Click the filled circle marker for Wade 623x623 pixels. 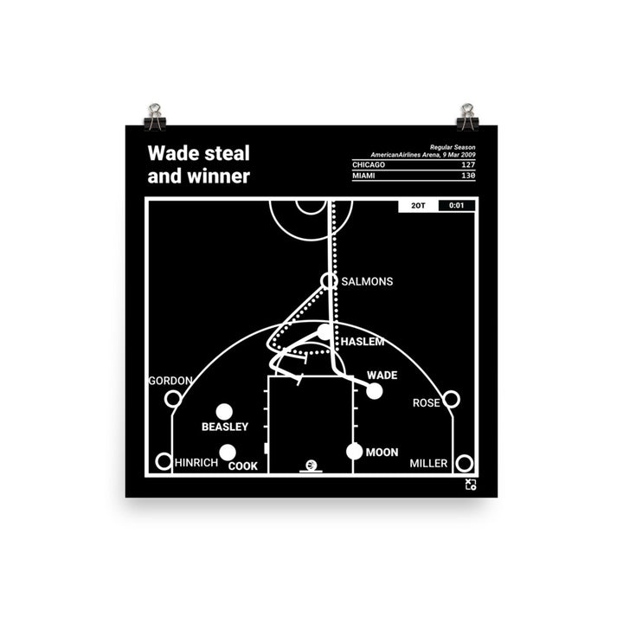[374, 391]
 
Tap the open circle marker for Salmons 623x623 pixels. [328, 280]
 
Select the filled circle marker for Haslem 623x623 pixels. [324, 331]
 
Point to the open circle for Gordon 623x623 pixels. [172, 399]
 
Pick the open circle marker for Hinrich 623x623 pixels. [163, 462]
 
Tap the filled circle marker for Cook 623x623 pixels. [228, 452]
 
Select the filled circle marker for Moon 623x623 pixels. [354, 451]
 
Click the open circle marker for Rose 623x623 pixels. [451, 399]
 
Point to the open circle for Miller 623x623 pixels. [464, 462]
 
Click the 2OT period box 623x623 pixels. [418, 206]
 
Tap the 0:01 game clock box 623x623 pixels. [456, 206]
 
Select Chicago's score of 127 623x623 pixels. [466, 164]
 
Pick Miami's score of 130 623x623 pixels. [466, 176]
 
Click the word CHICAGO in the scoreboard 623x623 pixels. [369, 164]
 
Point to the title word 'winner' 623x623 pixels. [221, 177]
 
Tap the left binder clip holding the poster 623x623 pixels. [155, 114]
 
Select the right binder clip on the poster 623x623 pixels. [467, 114]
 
